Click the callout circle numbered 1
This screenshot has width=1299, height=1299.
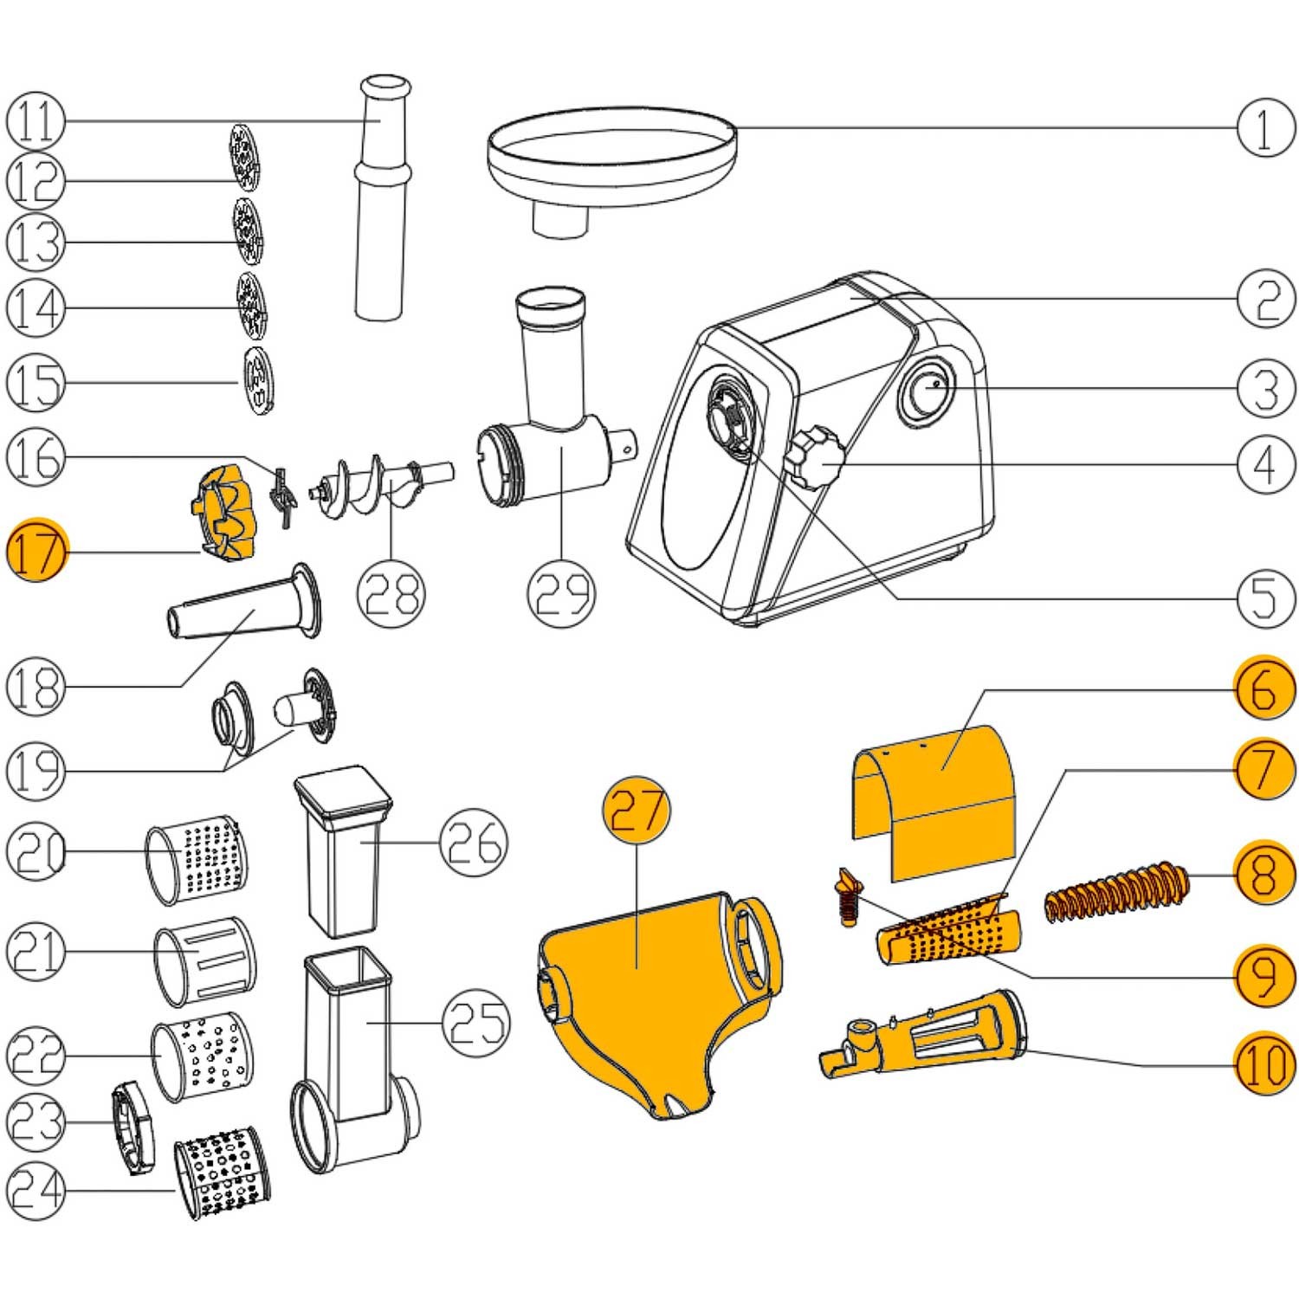click(x=1265, y=128)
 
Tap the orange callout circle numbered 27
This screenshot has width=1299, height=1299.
click(x=637, y=811)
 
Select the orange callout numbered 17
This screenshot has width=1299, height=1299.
click(x=36, y=552)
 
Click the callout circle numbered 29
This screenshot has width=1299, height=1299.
click(x=562, y=592)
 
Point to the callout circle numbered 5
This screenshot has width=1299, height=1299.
click(x=1265, y=597)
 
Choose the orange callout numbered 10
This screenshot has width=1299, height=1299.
click(x=1265, y=1063)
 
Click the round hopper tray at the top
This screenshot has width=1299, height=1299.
click(x=611, y=152)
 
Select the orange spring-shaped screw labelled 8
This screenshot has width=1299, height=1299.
click(x=1117, y=892)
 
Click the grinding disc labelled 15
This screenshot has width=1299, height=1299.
click(x=257, y=380)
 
